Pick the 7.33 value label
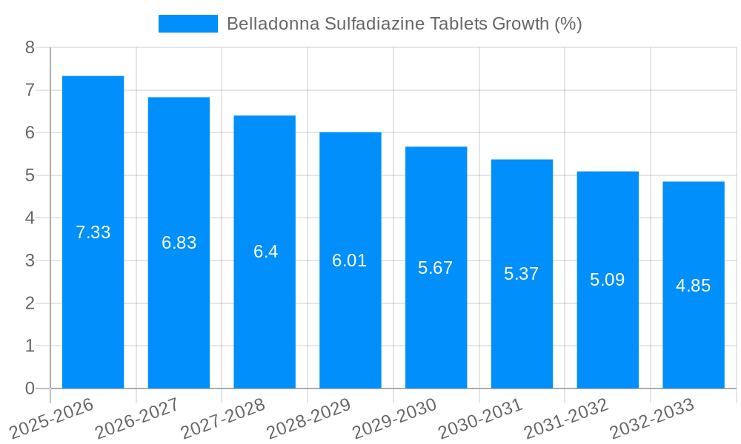93,232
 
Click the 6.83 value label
179,243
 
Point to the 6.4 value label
265,252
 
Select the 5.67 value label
436,268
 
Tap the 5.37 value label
522,274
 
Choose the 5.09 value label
608,280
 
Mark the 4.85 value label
694,286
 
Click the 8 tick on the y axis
30,48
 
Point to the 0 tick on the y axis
30,388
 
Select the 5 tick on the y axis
30,176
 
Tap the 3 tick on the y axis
30,261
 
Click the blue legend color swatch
188,24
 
